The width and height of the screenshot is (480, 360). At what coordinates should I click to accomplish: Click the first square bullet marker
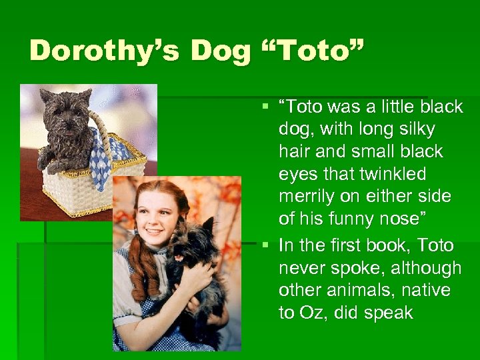(x=265, y=105)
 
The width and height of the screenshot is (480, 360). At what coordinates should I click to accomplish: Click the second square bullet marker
(x=265, y=245)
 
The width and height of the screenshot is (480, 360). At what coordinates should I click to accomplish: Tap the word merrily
(x=311, y=197)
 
